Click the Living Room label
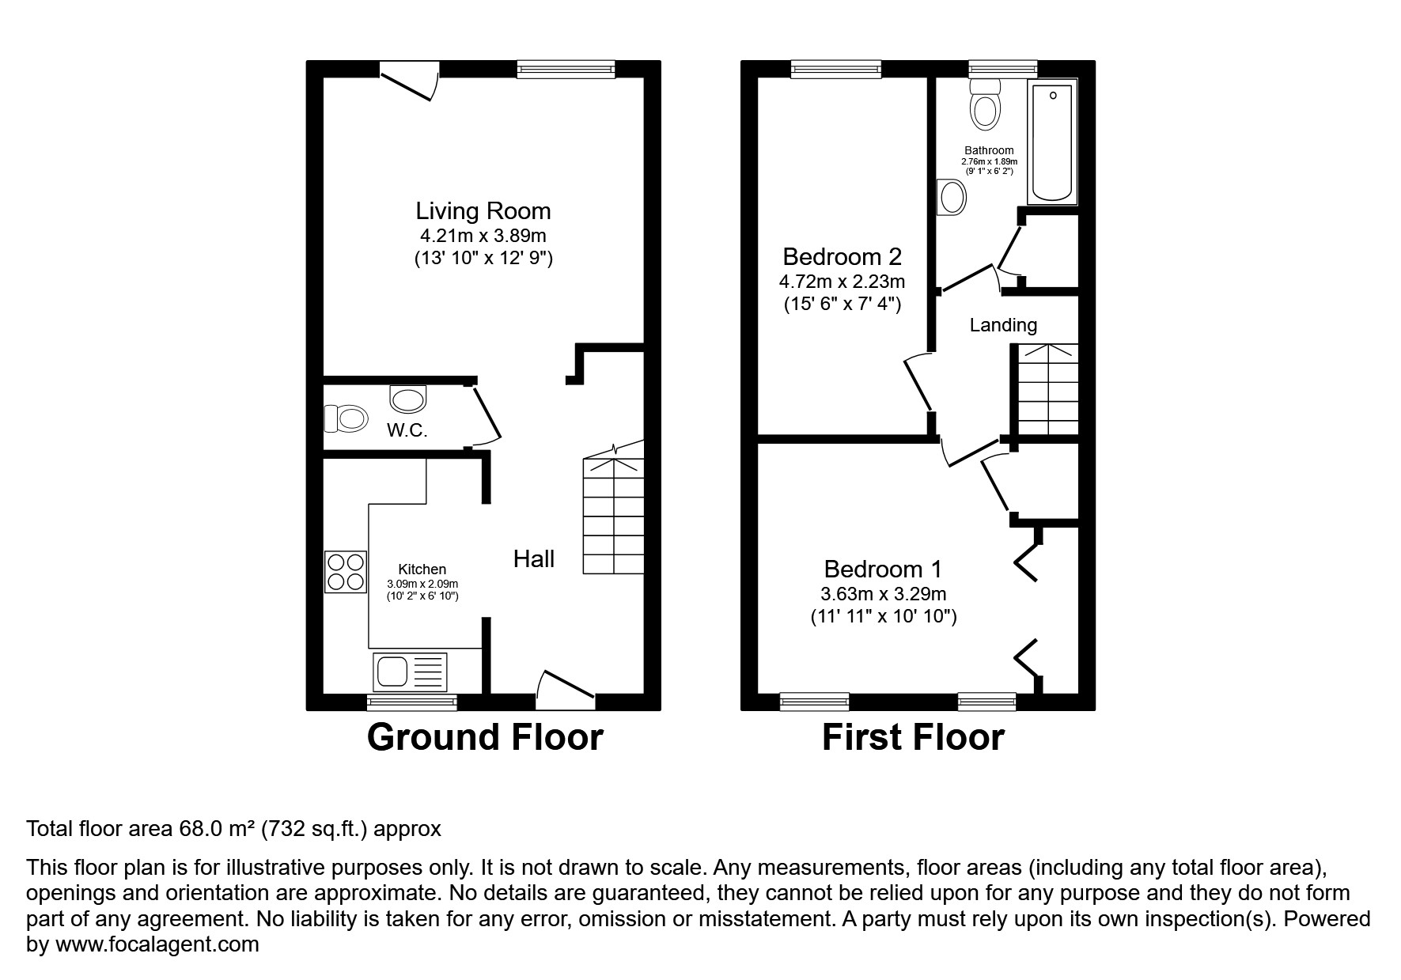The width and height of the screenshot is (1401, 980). (x=483, y=211)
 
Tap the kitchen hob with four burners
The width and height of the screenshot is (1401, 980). (x=346, y=572)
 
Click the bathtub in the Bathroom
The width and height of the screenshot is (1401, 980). (x=1052, y=143)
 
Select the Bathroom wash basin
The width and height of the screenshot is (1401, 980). (x=952, y=196)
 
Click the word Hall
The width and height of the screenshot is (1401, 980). (x=533, y=559)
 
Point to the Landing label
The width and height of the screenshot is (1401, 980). (x=1003, y=325)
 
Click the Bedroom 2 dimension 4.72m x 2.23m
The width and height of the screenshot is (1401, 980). (x=842, y=282)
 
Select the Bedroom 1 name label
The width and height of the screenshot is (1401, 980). (x=883, y=569)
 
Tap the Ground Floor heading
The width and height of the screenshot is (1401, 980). (x=485, y=737)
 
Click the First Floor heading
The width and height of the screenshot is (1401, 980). (x=913, y=737)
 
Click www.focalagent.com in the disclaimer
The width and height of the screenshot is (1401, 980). (x=157, y=944)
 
